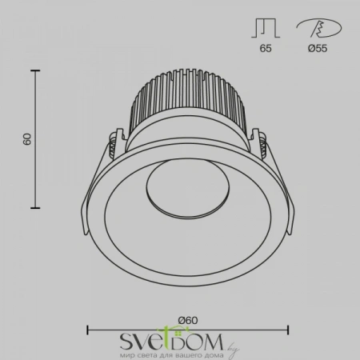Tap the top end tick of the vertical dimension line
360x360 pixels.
click(36, 71)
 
